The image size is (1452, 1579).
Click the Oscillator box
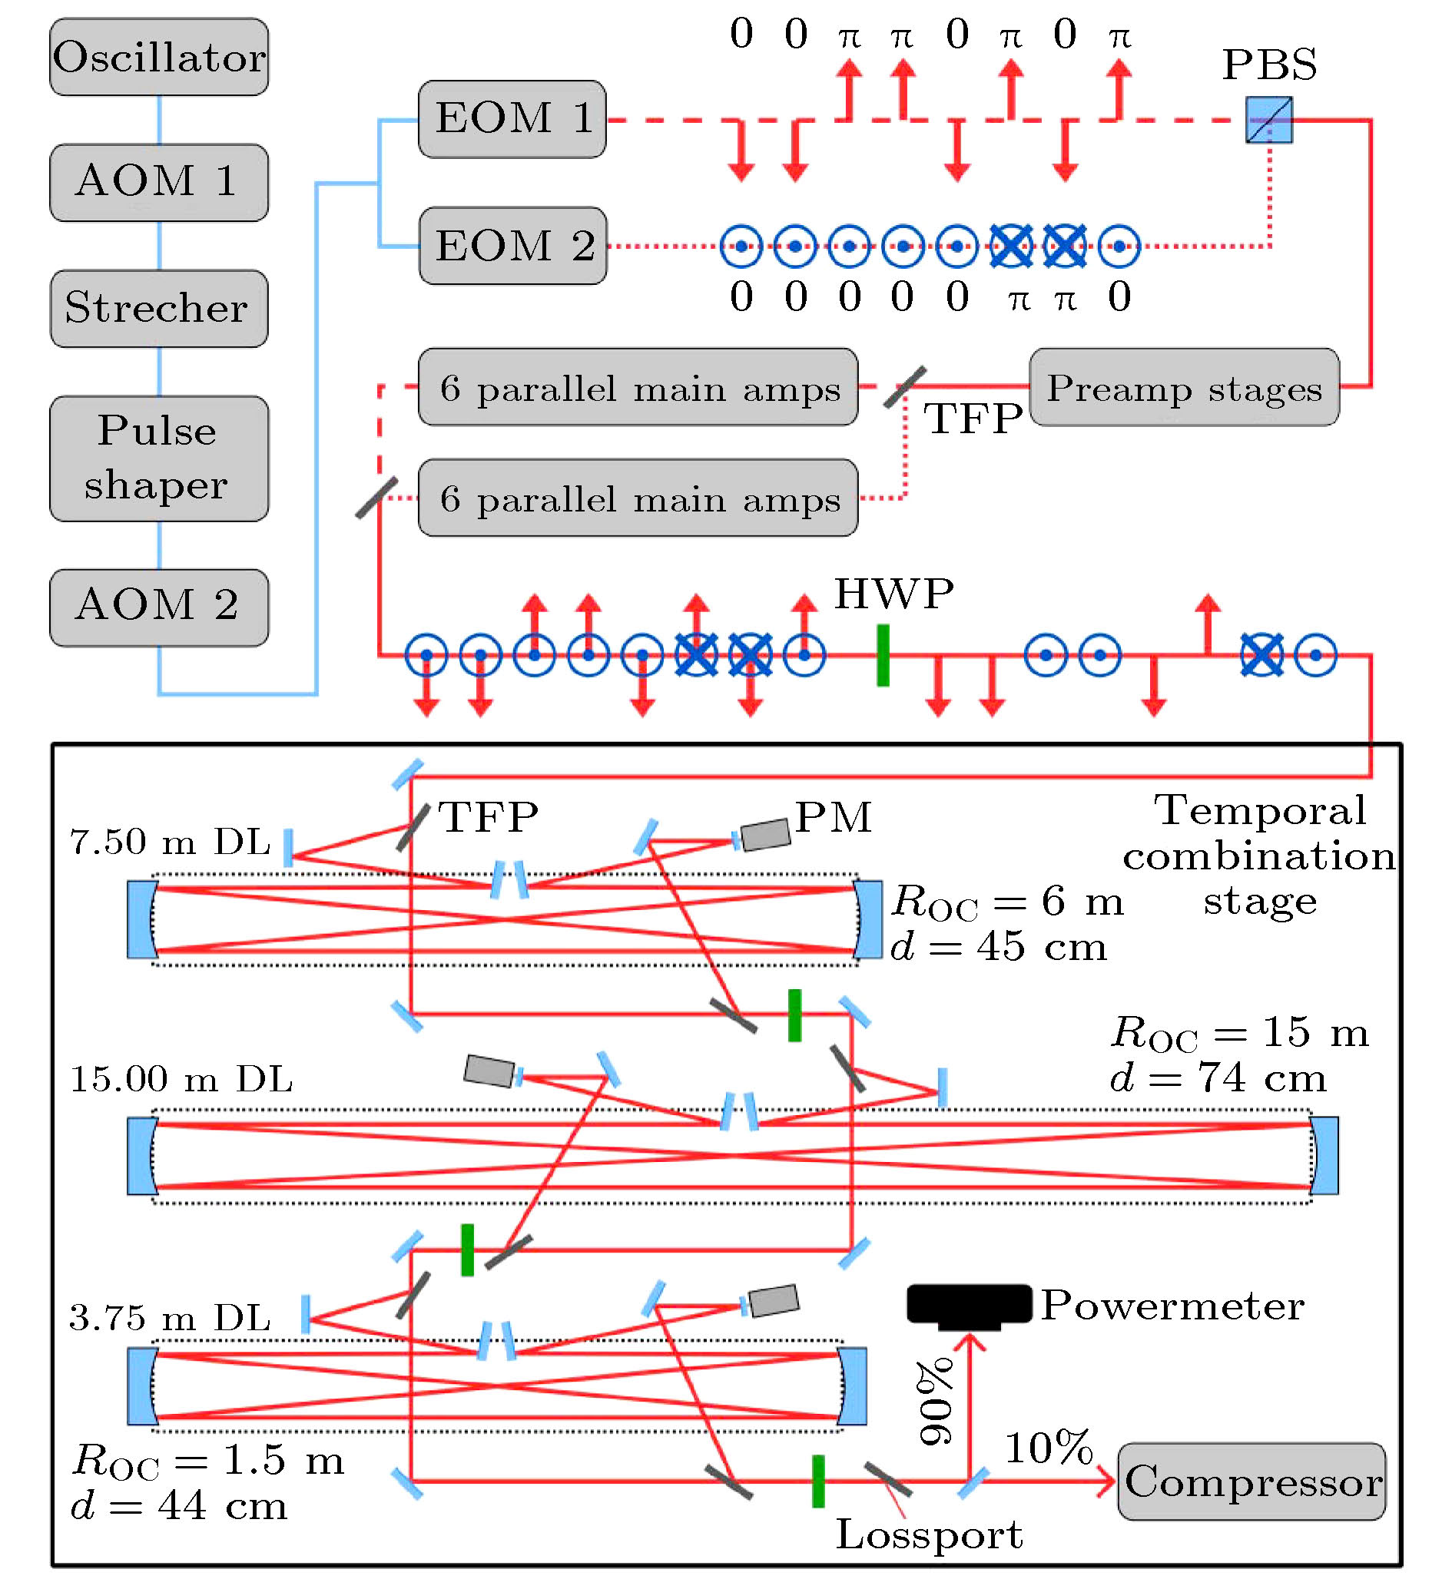pos(159,58)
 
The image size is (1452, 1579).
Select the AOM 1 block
pos(159,182)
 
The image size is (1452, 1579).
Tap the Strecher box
pos(159,308)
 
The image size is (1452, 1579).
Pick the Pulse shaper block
pos(159,458)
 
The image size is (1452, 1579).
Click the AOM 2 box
pos(159,607)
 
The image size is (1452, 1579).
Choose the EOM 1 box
pos(512,118)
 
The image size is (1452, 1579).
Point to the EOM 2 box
pos(512,246)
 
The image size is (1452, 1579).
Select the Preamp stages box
pos(1184,387)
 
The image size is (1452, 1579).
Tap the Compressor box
pos(1251,1481)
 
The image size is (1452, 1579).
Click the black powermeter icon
pos(970,1306)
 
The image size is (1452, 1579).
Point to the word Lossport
pos(929,1535)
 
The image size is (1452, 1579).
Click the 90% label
pos(935,1402)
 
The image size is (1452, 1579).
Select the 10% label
pos(1049,1447)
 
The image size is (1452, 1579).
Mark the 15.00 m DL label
pos(181,1079)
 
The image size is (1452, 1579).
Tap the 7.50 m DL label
pos(170,842)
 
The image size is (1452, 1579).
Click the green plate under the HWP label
pos(883,655)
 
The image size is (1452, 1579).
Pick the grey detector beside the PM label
pos(765,834)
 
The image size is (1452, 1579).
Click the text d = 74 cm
pos(1218,1077)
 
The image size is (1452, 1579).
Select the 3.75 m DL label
pos(170,1318)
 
